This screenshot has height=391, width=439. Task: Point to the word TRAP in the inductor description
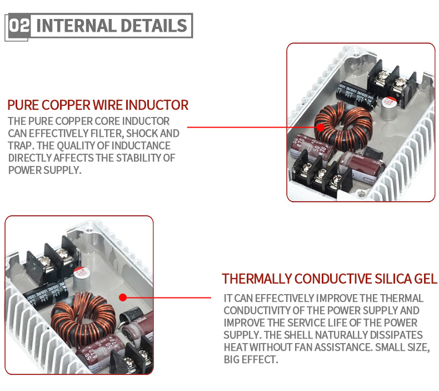tap(19, 145)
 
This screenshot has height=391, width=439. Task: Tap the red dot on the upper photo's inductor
tap(320, 127)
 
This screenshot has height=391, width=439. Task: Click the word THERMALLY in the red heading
tap(256, 279)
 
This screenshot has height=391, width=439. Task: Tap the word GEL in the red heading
tap(425, 279)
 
